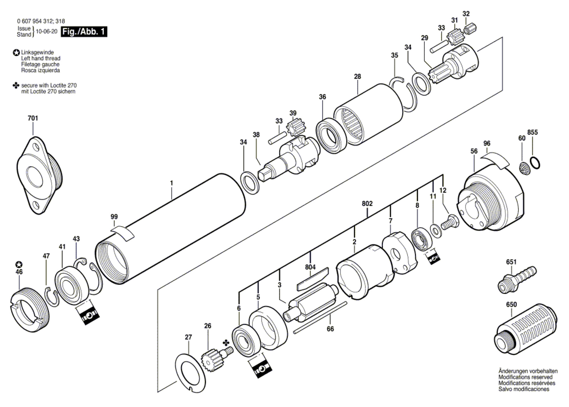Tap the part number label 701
point(33,118)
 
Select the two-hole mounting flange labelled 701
point(39,175)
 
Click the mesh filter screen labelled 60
point(524,168)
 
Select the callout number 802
point(367,203)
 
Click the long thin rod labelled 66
point(320,318)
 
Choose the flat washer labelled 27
point(190,373)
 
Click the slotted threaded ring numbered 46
point(30,309)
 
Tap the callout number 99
point(114,217)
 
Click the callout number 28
point(357,76)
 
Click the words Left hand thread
point(41,58)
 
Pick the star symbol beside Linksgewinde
point(16,53)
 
